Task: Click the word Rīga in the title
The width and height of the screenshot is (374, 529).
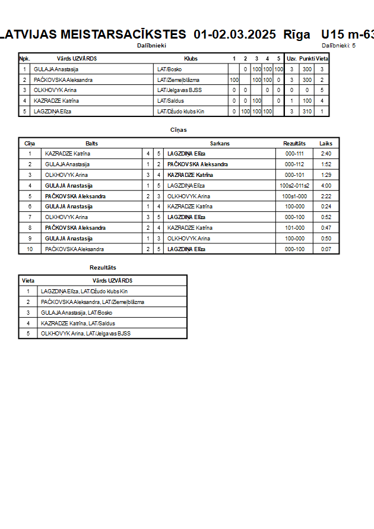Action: click(296, 34)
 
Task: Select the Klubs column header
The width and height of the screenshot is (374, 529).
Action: click(191, 59)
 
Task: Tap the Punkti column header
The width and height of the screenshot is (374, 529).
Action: click(307, 59)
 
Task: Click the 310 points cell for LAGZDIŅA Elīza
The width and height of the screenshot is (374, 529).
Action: click(307, 112)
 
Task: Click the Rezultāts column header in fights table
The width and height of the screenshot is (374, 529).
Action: click(294, 143)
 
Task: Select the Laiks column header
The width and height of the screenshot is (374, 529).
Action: click(326, 143)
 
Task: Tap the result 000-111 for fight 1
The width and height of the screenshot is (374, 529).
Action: click(294, 154)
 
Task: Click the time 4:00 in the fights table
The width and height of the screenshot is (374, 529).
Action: click(326, 186)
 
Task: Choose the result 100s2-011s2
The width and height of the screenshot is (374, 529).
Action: click(294, 186)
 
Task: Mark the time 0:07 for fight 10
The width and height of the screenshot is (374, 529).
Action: click(326, 249)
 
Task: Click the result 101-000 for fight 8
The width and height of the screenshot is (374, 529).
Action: click(294, 228)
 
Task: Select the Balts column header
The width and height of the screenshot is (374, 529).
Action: click(92, 143)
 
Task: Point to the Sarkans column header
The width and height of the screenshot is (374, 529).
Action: click(220, 143)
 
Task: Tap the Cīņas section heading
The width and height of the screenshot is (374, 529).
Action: click(179, 129)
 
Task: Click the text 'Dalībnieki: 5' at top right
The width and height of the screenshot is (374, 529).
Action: click(338, 45)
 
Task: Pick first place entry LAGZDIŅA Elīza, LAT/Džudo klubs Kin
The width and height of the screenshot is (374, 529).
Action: click(84, 292)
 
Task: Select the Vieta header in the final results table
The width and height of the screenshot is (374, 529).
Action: click(28, 281)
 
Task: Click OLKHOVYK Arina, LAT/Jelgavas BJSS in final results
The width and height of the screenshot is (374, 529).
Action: click(85, 334)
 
